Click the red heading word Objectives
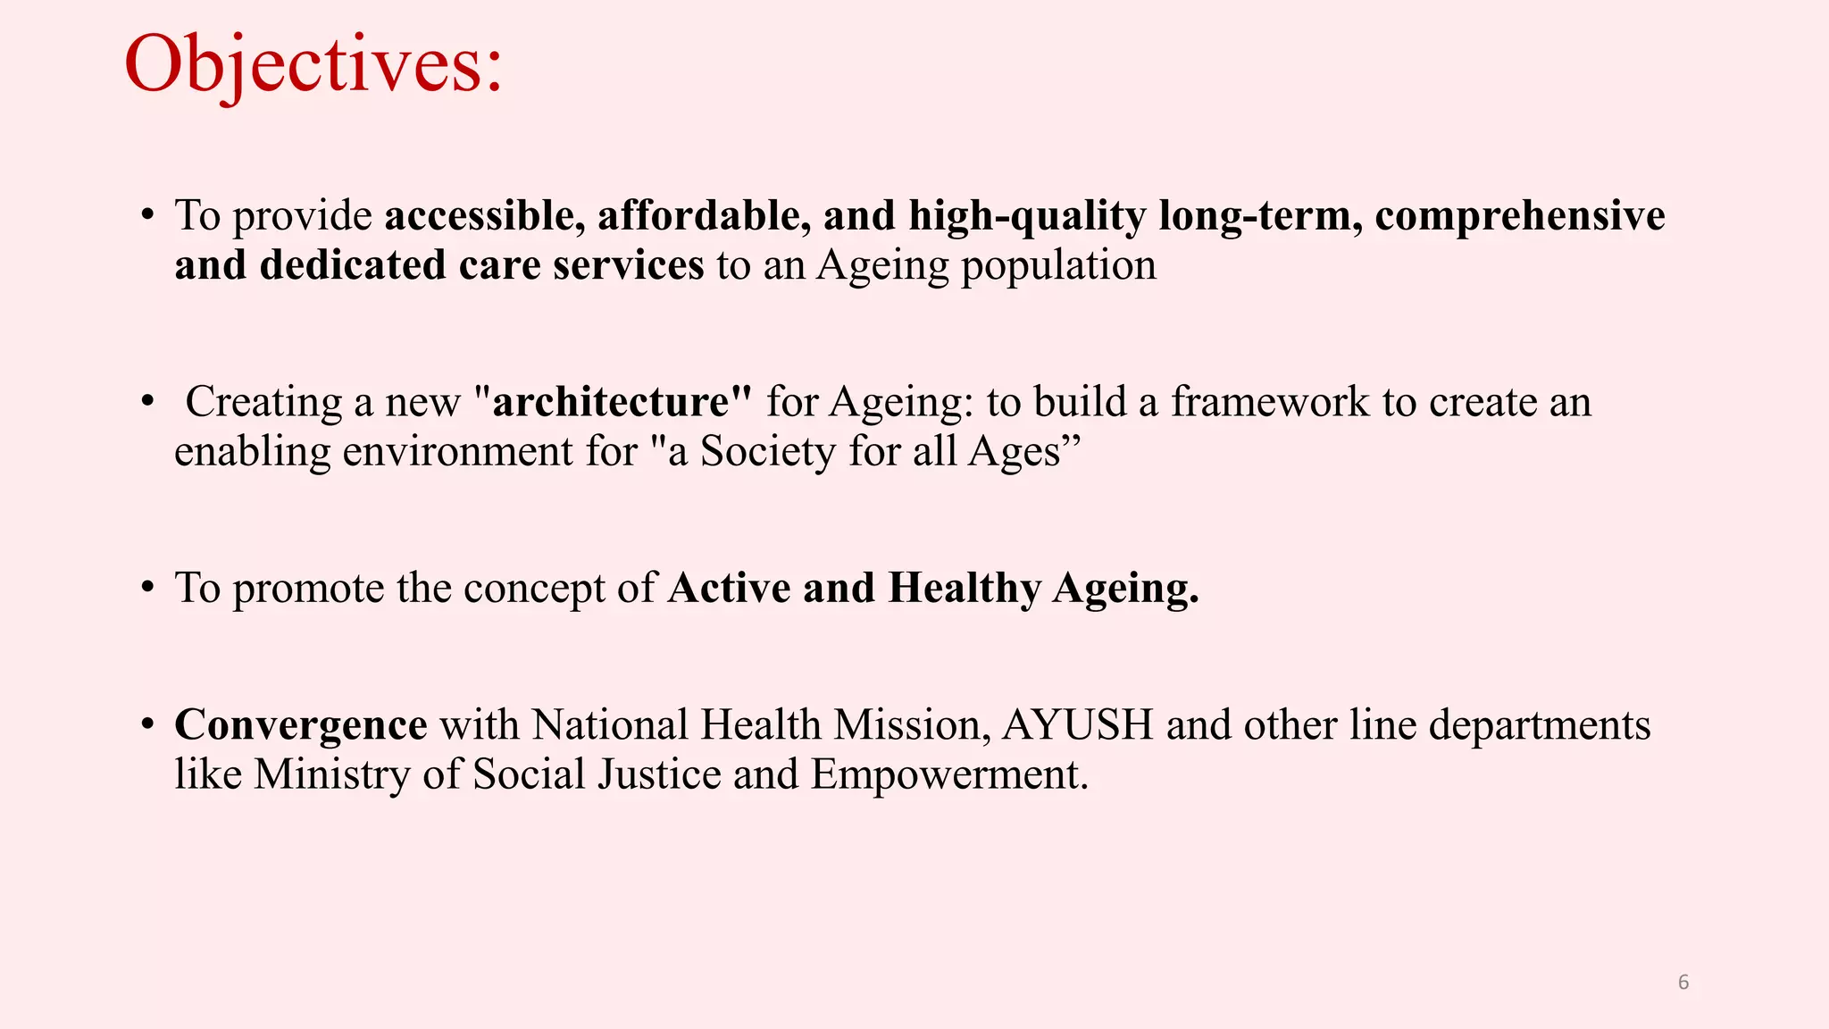click(313, 65)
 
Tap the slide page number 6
click(1683, 983)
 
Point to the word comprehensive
click(1520, 216)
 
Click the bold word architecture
click(611, 402)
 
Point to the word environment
click(458, 451)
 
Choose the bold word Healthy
click(965, 589)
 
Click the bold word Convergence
click(301, 725)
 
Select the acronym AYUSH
click(1078, 724)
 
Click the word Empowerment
click(949, 775)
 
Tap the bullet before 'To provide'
click(148, 216)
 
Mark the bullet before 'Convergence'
click(148, 724)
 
